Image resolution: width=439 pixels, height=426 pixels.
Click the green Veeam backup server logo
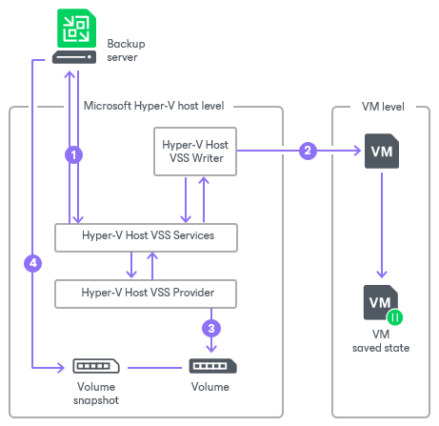pyautogui.click(x=76, y=28)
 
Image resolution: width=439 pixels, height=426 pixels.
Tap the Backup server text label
pyautogui.click(x=126, y=51)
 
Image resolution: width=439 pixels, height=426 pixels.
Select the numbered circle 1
pyautogui.click(x=73, y=155)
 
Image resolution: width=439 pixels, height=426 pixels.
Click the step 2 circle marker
pyautogui.click(x=308, y=151)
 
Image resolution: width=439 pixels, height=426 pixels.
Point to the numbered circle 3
pyautogui.click(x=211, y=328)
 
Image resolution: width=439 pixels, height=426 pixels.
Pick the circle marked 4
pyautogui.click(x=33, y=263)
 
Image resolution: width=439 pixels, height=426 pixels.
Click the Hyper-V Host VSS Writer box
pyautogui.click(x=195, y=152)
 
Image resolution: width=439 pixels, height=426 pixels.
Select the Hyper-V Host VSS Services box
pyautogui.click(x=146, y=237)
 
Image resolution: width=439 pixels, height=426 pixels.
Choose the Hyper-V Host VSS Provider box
pyautogui.click(x=146, y=294)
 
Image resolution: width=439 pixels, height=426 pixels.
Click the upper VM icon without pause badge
pyautogui.click(x=382, y=151)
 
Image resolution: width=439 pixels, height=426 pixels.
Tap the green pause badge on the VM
pyautogui.click(x=395, y=317)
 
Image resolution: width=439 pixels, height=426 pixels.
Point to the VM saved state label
pyautogui.click(x=381, y=341)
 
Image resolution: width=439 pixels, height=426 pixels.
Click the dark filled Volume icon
pyautogui.click(x=212, y=366)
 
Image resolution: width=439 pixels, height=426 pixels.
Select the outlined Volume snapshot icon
pyautogui.click(x=96, y=366)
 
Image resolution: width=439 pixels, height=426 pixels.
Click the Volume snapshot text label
pyautogui.click(x=96, y=394)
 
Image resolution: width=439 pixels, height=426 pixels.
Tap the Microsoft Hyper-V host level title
pyautogui.click(x=153, y=106)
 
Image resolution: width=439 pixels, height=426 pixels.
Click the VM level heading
pyautogui.click(x=383, y=107)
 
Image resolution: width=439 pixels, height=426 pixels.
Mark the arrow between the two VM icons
pyautogui.click(x=382, y=225)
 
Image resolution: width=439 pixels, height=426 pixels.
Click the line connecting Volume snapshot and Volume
pyautogui.click(x=154, y=368)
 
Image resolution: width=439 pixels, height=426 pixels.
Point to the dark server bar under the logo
pyautogui.click(x=74, y=57)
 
